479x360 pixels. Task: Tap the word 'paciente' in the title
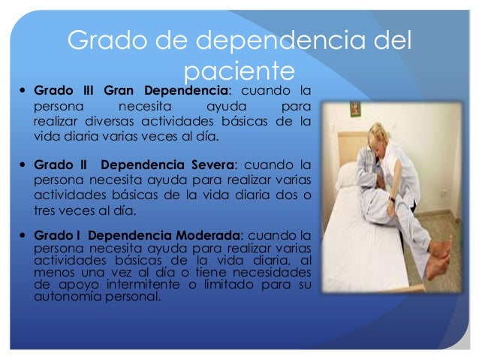click(x=238, y=72)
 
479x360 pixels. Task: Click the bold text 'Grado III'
click(x=64, y=91)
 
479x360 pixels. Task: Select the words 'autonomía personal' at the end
click(x=97, y=296)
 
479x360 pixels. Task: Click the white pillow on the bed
click(x=346, y=175)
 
